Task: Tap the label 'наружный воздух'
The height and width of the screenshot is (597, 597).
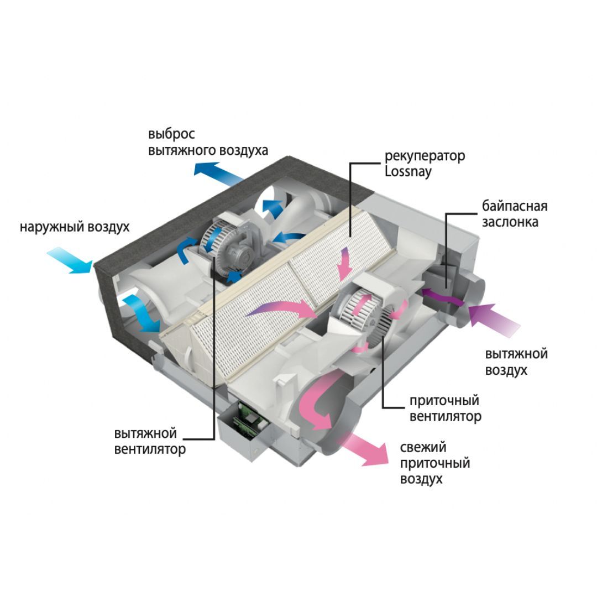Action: coord(75,227)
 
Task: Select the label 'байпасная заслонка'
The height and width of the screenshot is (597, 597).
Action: coord(514,214)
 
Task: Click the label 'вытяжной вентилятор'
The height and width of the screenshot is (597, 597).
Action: coord(150,440)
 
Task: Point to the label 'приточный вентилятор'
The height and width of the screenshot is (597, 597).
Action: coord(445,408)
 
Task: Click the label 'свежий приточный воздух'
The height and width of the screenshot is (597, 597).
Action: coord(434,463)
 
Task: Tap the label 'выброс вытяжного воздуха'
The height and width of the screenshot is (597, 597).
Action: coord(208,142)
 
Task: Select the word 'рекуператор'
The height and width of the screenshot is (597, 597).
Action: coord(425,156)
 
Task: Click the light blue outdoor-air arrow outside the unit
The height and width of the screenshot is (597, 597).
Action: coord(69,260)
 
